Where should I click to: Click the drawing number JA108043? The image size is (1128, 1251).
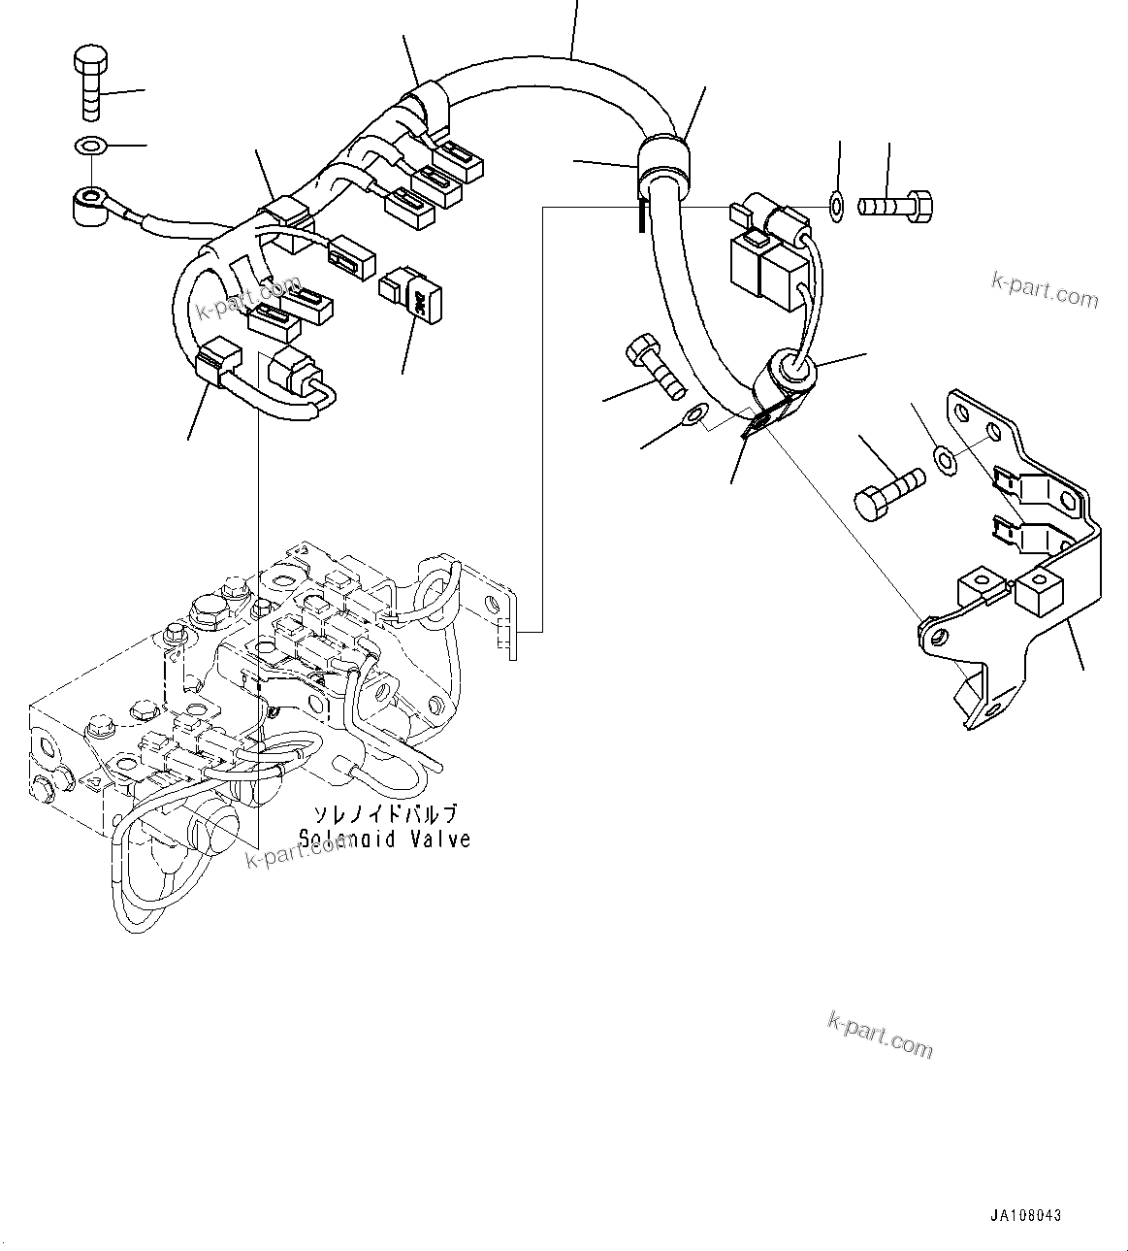point(1026,1215)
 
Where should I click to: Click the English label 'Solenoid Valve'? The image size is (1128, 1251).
point(384,839)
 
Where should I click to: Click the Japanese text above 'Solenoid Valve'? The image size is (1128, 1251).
point(384,813)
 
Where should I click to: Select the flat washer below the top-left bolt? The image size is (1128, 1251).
point(90,147)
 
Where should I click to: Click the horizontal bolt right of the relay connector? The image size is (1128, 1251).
point(895,206)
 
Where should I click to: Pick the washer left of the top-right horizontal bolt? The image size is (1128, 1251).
point(837,205)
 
